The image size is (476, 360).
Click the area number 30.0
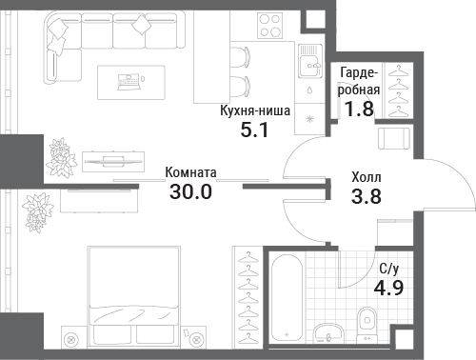tap(190, 191)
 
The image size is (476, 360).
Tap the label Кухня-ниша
tap(255, 110)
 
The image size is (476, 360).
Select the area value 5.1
tap(254, 130)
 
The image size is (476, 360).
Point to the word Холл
tap(367, 177)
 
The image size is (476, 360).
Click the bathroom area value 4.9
tap(388, 288)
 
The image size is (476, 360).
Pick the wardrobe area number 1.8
tap(359, 109)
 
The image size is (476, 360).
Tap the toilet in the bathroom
tap(367, 325)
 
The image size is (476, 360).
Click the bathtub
tap(287, 297)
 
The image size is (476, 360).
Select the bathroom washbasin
tap(328, 332)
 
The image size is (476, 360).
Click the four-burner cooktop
tap(270, 25)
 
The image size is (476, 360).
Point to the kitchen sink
tap(310, 61)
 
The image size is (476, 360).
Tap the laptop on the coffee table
tap(129, 82)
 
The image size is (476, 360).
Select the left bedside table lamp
tap(71, 340)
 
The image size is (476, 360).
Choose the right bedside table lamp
tap(197, 340)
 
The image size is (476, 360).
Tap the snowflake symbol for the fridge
tap(309, 119)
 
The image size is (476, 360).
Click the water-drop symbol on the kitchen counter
tap(309, 90)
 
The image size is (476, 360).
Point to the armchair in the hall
tap(394, 137)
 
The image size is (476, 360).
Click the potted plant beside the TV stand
tap(61, 158)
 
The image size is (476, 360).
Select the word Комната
tap(190, 172)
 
